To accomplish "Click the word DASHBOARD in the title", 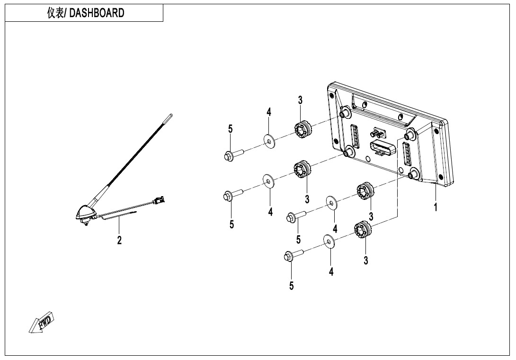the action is coord(97,13).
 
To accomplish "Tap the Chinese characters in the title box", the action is coord(55,13).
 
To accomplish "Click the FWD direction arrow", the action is coord(41,322).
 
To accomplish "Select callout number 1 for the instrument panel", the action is coord(436,207).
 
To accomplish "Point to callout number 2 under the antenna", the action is coord(119,240).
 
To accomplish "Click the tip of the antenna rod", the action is coord(171,115).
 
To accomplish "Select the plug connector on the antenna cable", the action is coord(159,199).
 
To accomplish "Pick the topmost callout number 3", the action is coord(300,100).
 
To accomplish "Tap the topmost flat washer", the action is coord(269,141).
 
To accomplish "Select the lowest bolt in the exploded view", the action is coord(294,256).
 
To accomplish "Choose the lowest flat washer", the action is coord(329,242).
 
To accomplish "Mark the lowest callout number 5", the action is coord(291,286).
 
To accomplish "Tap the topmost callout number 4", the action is coord(269,112).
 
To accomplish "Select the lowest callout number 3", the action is coord(366,261).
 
